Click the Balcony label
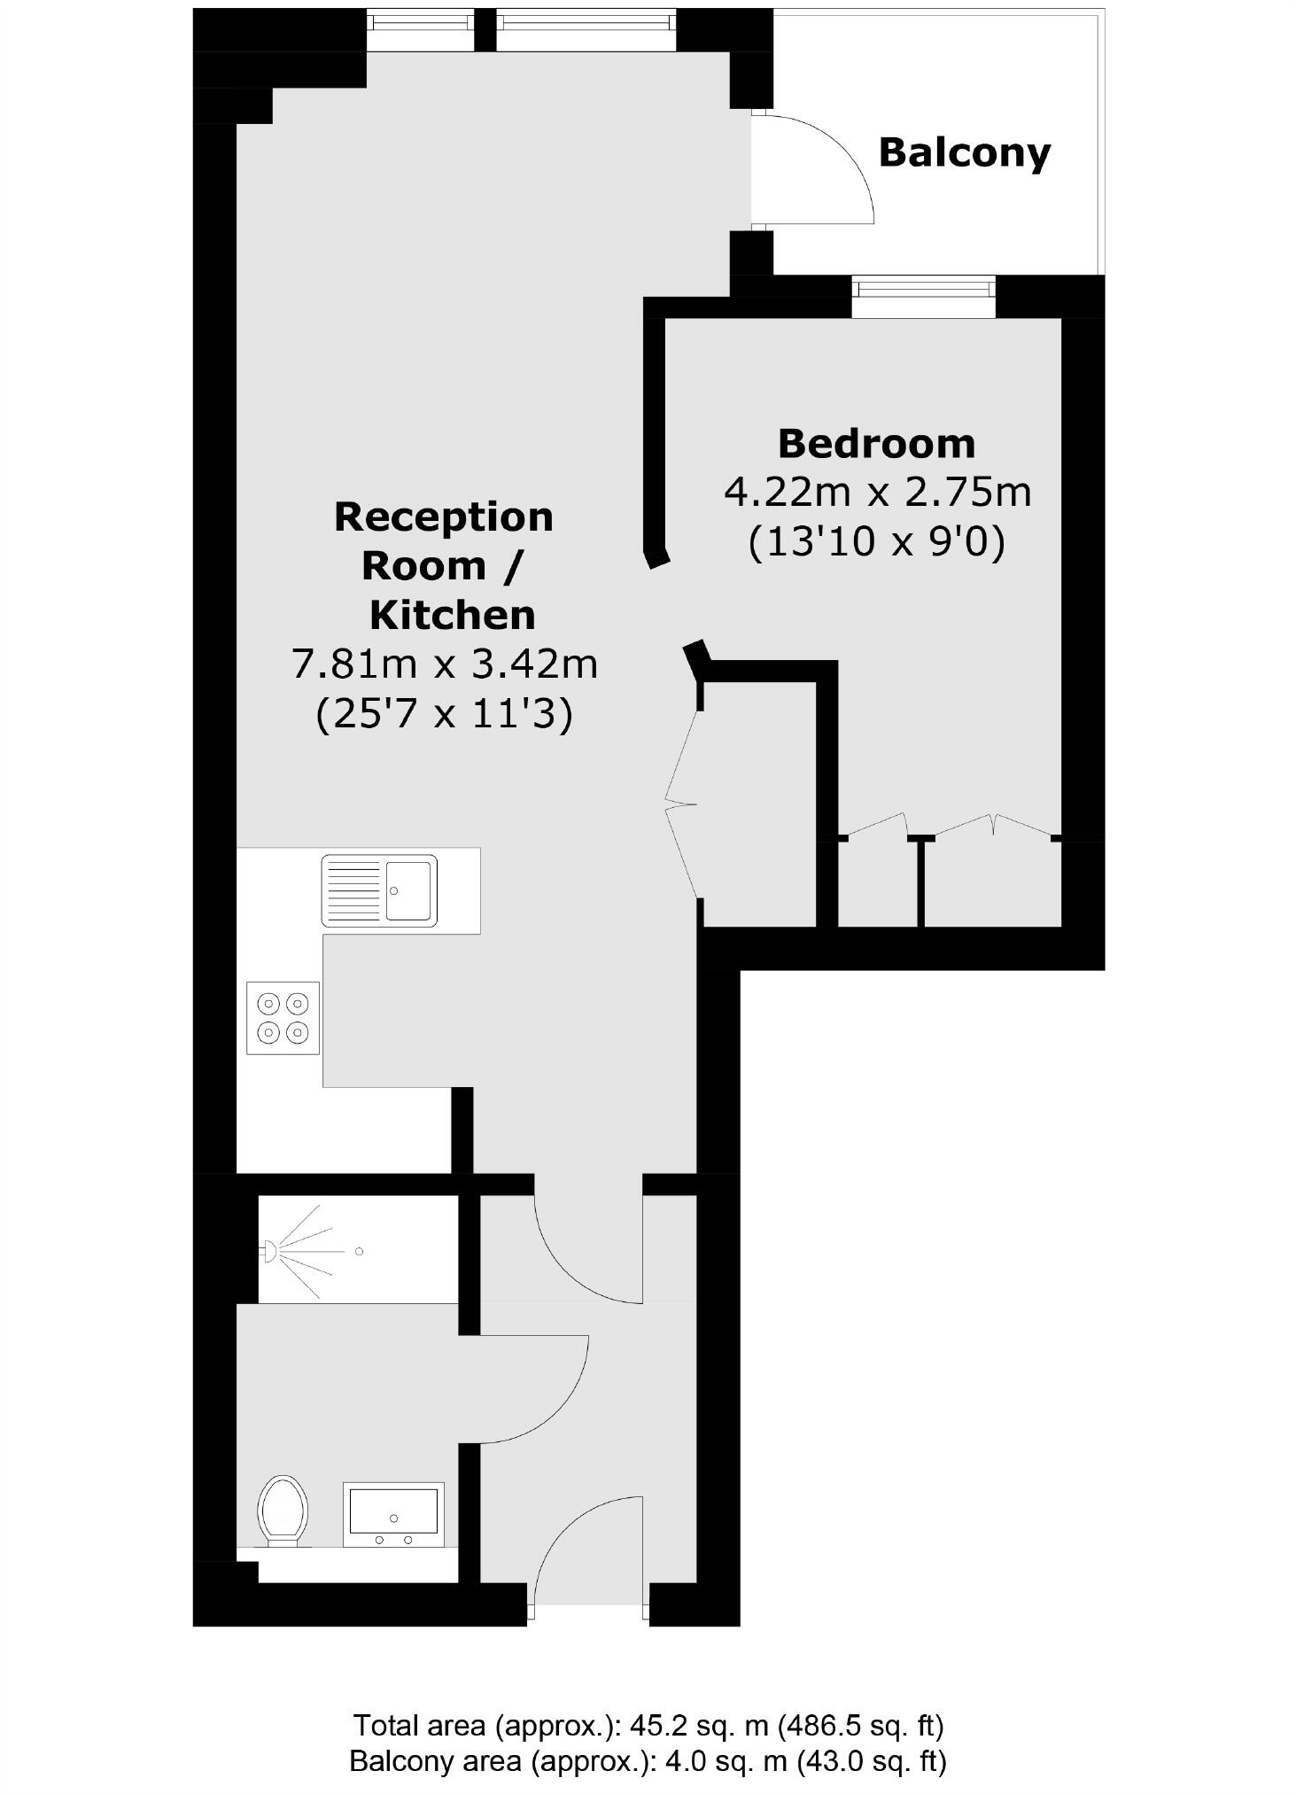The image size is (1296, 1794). pos(964,152)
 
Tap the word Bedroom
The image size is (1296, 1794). pos(876,443)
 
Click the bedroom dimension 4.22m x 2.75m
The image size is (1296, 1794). pos(877,492)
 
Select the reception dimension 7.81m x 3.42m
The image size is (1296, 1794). pos(445,664)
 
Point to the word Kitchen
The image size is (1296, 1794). pos(452,615)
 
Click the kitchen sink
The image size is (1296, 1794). pos(379,890)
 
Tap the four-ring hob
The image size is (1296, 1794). pos(283,1017)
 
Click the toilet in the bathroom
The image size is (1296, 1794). pos(283,1511)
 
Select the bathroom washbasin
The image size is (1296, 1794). pos(393,1514)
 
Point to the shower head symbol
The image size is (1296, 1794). pos(268,1251)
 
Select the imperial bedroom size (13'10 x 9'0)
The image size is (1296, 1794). pos(877,541)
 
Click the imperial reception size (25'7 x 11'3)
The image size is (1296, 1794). pos(445,713)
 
